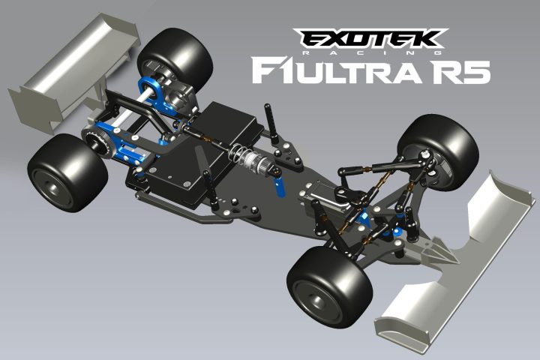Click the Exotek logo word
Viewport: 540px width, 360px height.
click(370, 38)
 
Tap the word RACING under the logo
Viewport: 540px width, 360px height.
click(372, 52)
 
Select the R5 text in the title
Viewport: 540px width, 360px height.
click(460, 71)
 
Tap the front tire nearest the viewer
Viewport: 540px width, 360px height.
click(330, 287)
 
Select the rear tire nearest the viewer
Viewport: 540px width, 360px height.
click(67, 172)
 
